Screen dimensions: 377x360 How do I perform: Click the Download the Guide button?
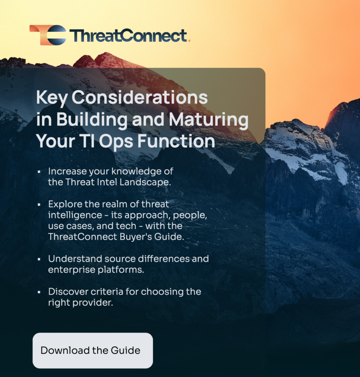pyautogui.click(x=92, y=350)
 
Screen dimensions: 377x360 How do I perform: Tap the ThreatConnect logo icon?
pyautogui.click(x=48, y=35)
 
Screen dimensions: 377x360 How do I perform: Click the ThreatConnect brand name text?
pyautogui.click(x=128, y=36)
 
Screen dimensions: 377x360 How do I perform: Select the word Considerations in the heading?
pyautogui.click(x=140, y=98)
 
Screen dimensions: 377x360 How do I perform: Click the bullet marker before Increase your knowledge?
pyautogui.click(x=39, y=172)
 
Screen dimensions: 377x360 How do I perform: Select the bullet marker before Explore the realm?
pyautogui.click(x=39, y=205)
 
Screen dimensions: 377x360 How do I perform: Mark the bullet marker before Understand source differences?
pyautogui.click(x=39, y=259)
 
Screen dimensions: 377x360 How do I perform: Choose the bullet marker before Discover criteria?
pyautogui.click(x=39, y=292)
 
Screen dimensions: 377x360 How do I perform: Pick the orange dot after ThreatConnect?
pyautogui.click(x=189, y=41)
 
